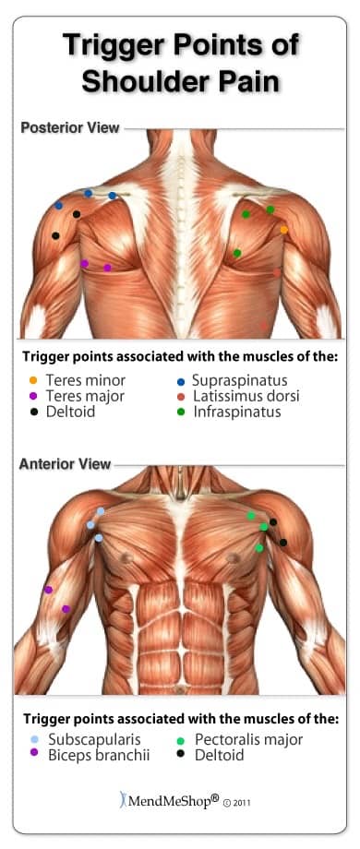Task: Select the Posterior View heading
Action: tap(70, 127)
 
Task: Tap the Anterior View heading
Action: tap(65, 464)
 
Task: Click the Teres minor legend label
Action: tap(85, 380)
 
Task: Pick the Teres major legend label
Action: tap(85, 396)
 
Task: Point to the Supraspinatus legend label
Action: tap(239, 380)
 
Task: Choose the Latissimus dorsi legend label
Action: tap(246, 396)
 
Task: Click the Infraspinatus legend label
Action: tap(236, 412)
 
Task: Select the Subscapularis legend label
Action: tap(94, 739)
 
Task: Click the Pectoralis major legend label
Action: tap(249, 739)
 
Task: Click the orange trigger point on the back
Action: tap(283, 230)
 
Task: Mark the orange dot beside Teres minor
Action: tap(33, 380)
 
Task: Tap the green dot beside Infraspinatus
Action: tap(181, 413)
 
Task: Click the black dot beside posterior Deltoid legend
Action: tap(33, 413)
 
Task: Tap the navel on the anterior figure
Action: tap(180, 690)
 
